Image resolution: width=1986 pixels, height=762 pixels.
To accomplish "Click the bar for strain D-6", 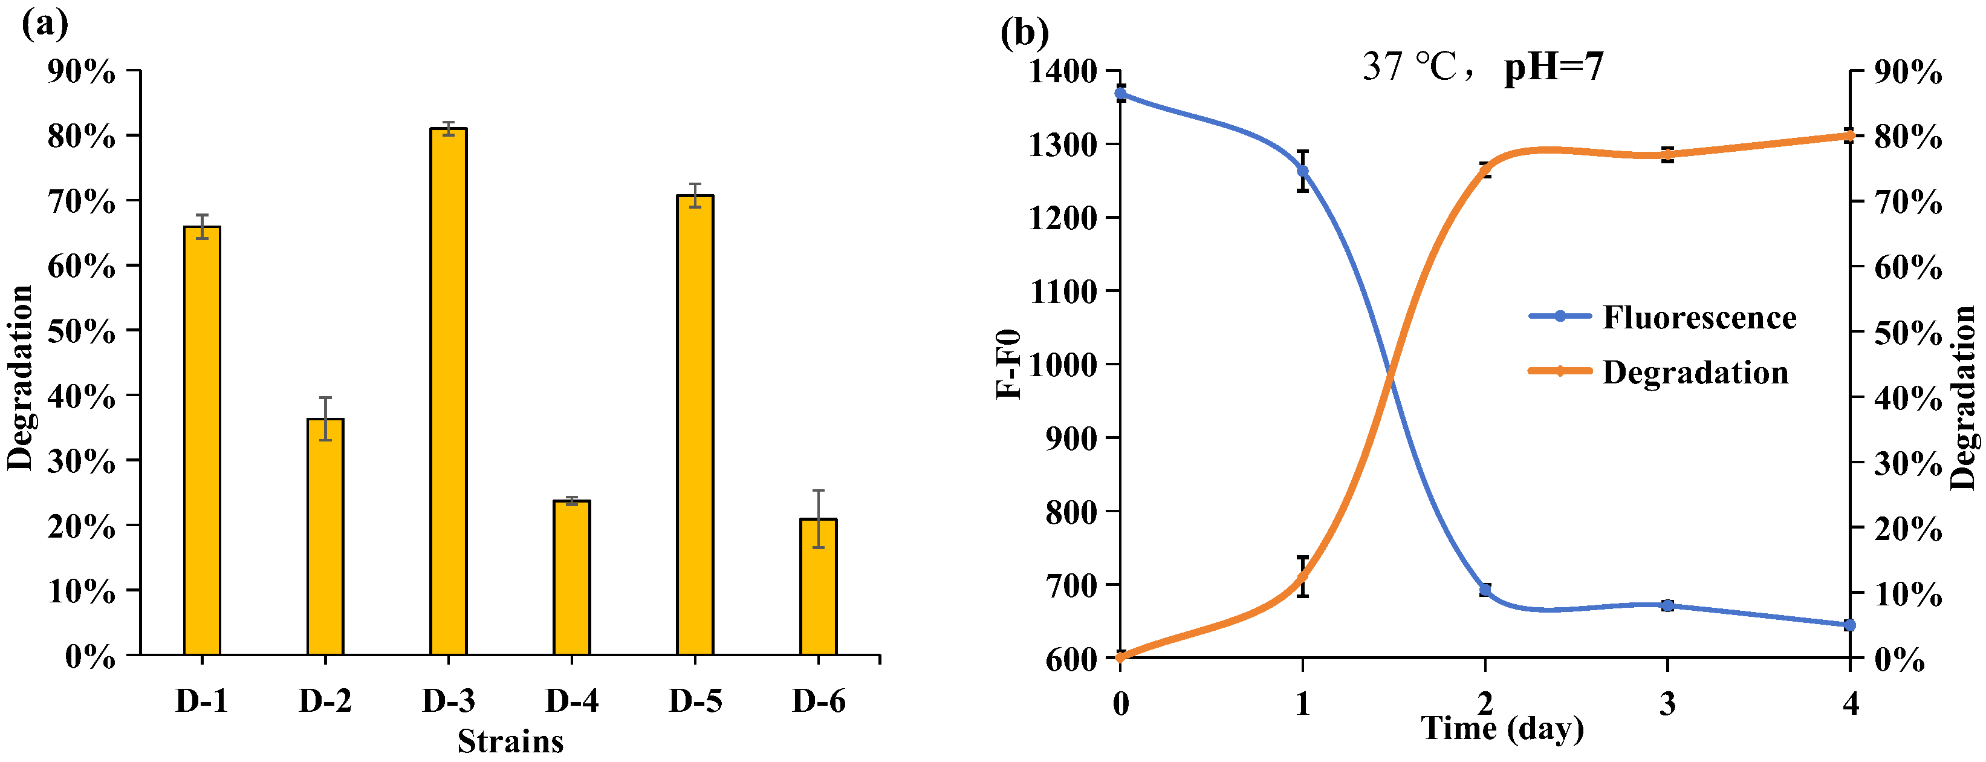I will [818, 587].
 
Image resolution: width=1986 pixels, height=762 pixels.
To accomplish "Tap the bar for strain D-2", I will [325, 537].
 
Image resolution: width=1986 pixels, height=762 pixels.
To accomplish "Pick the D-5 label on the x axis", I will [695, 701].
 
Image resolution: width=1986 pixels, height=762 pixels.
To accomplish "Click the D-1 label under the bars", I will [201, 701].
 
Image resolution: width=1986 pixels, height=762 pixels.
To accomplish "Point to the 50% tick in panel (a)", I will [81, 331].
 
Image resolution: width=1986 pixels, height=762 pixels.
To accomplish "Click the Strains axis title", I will [510, 741].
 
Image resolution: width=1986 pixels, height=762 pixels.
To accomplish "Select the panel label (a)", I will [45, 25].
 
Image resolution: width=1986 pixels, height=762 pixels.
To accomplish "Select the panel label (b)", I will [1024, 33].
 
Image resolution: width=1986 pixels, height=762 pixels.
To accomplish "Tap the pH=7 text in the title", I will [1554, 67].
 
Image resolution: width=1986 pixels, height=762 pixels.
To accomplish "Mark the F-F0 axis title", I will [1008, 364].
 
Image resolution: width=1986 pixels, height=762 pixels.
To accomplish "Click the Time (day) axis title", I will [1502, 728].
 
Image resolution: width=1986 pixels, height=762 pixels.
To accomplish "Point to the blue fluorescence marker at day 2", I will [1485, 590].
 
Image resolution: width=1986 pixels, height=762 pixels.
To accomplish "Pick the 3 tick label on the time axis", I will [1667, 703].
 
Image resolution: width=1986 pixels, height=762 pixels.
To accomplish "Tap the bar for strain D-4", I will [571, 578].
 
